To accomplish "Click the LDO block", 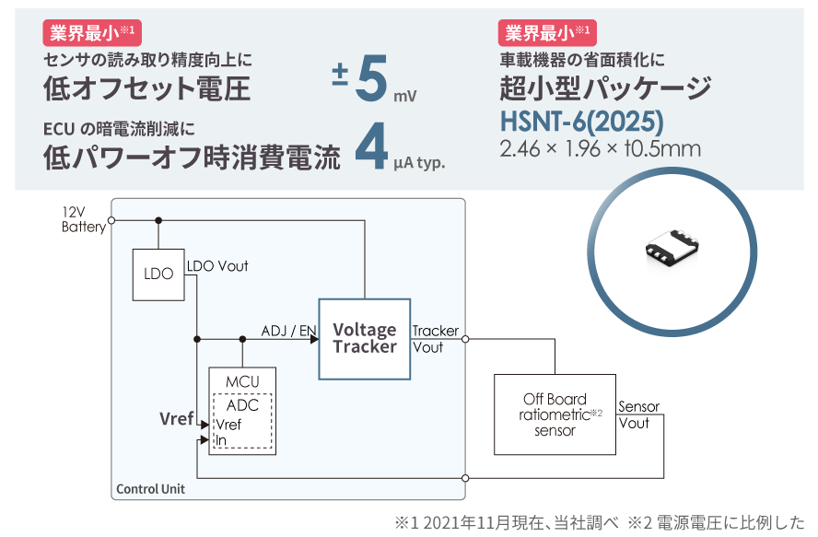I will pos(158,274).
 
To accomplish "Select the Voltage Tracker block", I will pos(365,338).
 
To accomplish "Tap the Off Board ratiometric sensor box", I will pos(555,414).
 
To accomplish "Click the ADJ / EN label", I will pos(289,331).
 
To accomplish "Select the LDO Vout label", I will pos(217,266).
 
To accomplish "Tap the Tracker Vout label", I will pos(435,339).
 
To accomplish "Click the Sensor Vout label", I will pos(638,415).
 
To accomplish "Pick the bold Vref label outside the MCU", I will pos(177,419).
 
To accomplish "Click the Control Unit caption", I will pos(150,489).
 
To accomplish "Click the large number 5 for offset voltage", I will pos(371,80).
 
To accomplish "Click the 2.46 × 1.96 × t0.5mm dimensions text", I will pos(601,149).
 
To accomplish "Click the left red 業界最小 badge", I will pos(89,34).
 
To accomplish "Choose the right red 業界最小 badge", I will pos(545,34).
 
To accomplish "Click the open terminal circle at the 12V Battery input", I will pos(111,220).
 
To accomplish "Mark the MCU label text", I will pos(241,381).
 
